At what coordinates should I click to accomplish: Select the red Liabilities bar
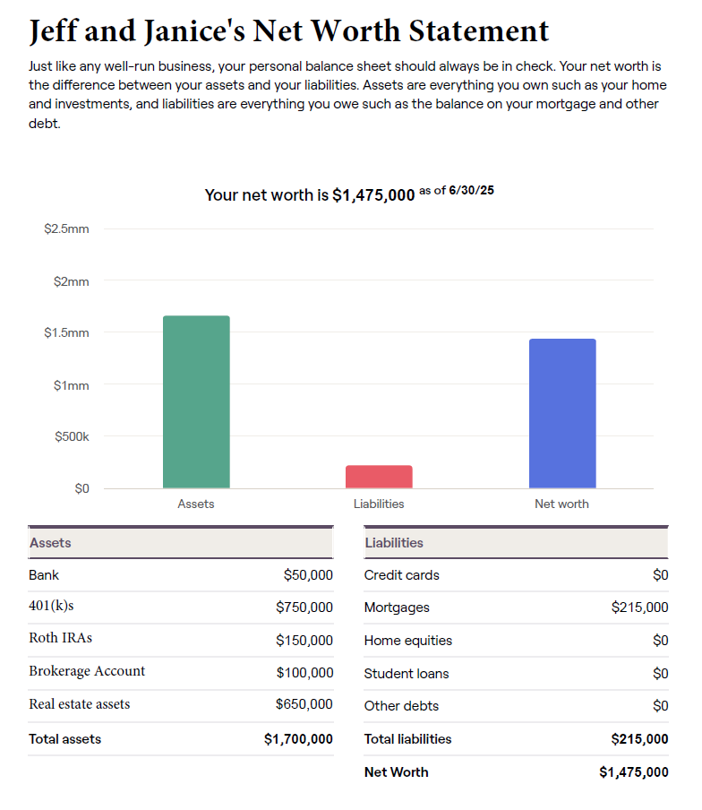click(x=379, y=477)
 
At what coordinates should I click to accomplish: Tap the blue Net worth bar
click(x=562, y=413)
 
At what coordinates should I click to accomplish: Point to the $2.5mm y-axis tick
click(x=66, y=229)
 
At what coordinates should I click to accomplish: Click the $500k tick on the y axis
click(x=72, y=436)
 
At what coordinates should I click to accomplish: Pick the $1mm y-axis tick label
click(x=71, y=385)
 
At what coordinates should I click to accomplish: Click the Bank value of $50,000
click(x=308, y=575)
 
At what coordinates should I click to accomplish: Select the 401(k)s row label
click(x=51, y=607)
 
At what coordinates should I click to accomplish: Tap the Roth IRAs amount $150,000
click(x=304, y=641)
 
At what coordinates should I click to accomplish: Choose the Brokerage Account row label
click(x=87, y=671)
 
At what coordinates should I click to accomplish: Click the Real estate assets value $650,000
click(x=304, y=704)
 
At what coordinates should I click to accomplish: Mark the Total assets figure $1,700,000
click(x=298, y=739)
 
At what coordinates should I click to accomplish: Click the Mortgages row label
click(x=397, y=607)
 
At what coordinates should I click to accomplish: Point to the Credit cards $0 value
click(x=660, y=575)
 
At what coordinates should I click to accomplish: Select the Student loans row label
click(x=407, y=674)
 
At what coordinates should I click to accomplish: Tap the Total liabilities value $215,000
click(x=639, y=739)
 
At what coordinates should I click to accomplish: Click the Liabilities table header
click(x=394, y=543)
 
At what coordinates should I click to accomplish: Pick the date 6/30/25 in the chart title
click(x=472, y=190)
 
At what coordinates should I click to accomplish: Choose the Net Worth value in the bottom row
click(x=633, y=772)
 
